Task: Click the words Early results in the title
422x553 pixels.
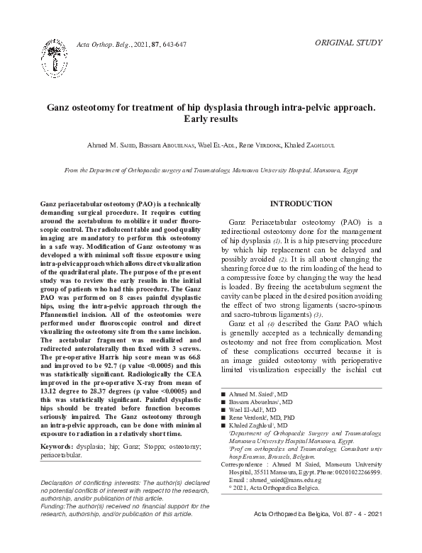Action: pos(210,120)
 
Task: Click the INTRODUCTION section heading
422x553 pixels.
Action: pos(301,203)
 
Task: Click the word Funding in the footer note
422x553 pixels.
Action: pos(55,526)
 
